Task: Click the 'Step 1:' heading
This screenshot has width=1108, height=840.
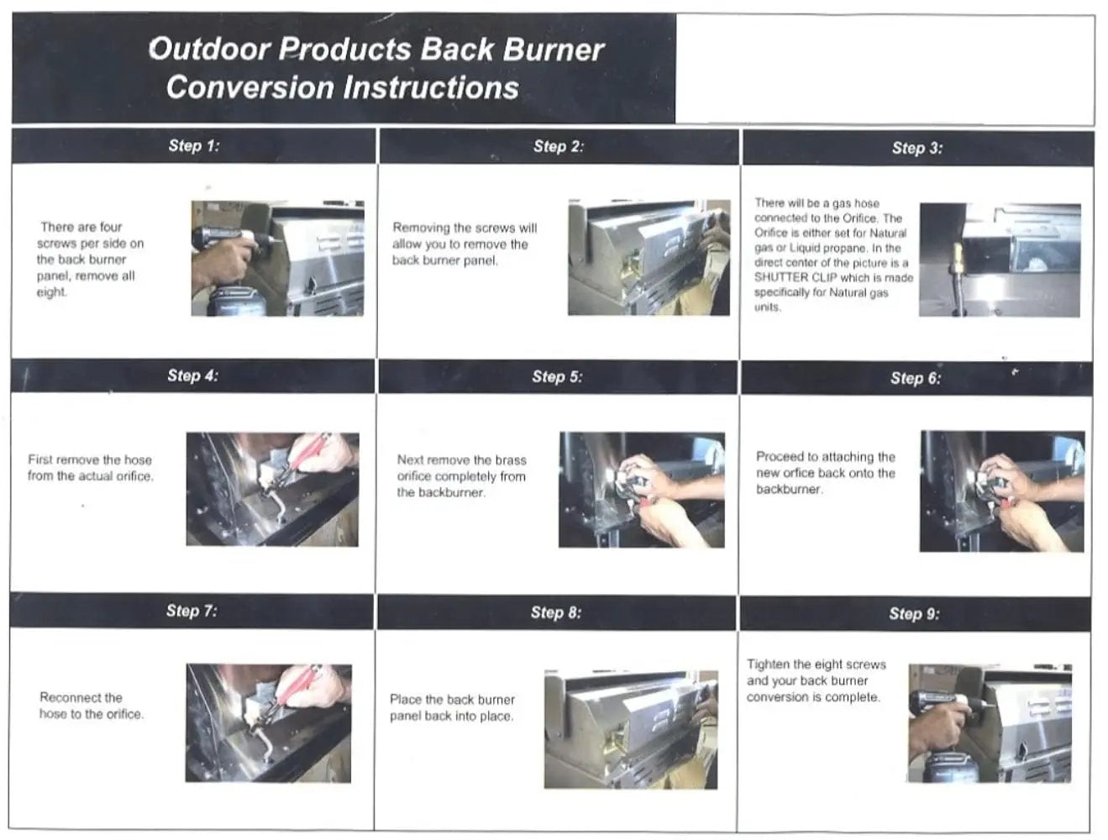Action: (193, 145)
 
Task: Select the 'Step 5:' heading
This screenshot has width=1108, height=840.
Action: (556, 377)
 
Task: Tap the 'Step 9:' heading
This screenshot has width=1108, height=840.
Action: (914, 614)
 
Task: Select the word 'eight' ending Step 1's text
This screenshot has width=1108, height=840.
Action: (50, 292)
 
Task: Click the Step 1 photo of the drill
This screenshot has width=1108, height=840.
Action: (277, 258)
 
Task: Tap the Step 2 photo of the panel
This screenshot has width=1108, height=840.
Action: (649, 257)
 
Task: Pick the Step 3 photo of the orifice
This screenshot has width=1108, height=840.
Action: (1000, 260)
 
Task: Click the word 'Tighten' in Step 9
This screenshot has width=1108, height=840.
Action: (769, 664)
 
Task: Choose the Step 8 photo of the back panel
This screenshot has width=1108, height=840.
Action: (630, 729)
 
